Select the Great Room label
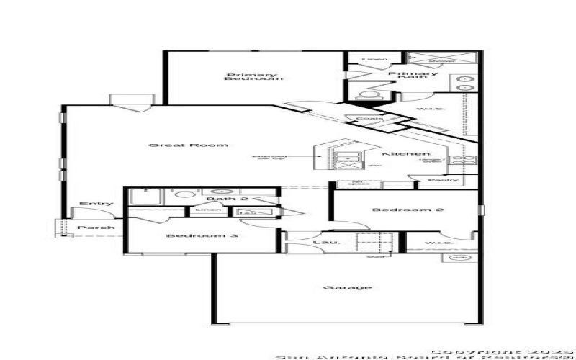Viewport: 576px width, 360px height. (189, 145)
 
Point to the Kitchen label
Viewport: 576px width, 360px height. (406, 154)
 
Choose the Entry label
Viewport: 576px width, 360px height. (96, 204)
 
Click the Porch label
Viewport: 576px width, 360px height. (96, 228)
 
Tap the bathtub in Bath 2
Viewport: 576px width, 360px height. (148, 194)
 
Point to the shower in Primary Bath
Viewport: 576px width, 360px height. (441, 60)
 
